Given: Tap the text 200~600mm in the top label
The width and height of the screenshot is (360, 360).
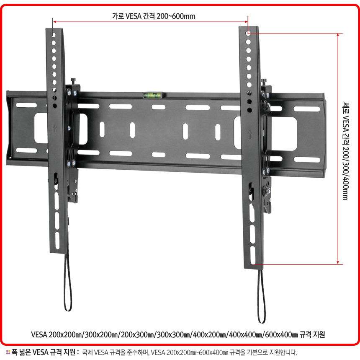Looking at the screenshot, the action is (x=176, y=16).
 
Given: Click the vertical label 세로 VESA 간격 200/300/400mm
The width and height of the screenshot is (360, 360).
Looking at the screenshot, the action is (x=345, y=151).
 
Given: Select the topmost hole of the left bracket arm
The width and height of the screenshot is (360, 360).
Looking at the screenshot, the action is (x=54, y=35).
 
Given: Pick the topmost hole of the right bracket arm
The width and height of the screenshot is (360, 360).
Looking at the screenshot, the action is (x=248, y=34).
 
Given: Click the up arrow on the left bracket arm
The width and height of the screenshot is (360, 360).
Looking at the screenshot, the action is (x=55, y=128).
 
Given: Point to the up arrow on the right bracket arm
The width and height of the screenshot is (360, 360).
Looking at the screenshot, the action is (x=250, y=134).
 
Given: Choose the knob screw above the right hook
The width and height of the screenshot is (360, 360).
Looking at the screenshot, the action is (x=264, y=82).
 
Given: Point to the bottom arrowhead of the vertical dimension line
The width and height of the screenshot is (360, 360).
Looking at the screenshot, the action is (x=338, y=262).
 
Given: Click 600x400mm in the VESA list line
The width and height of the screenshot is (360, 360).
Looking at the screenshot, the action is (x=281, y=334).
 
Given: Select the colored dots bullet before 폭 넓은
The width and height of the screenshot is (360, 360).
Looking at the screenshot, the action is (x=8, y=352).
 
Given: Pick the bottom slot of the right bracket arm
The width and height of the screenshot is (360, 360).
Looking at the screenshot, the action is (x=253, y=255).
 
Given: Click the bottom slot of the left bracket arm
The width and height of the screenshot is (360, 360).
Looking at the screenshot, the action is (x=57, y=241).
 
